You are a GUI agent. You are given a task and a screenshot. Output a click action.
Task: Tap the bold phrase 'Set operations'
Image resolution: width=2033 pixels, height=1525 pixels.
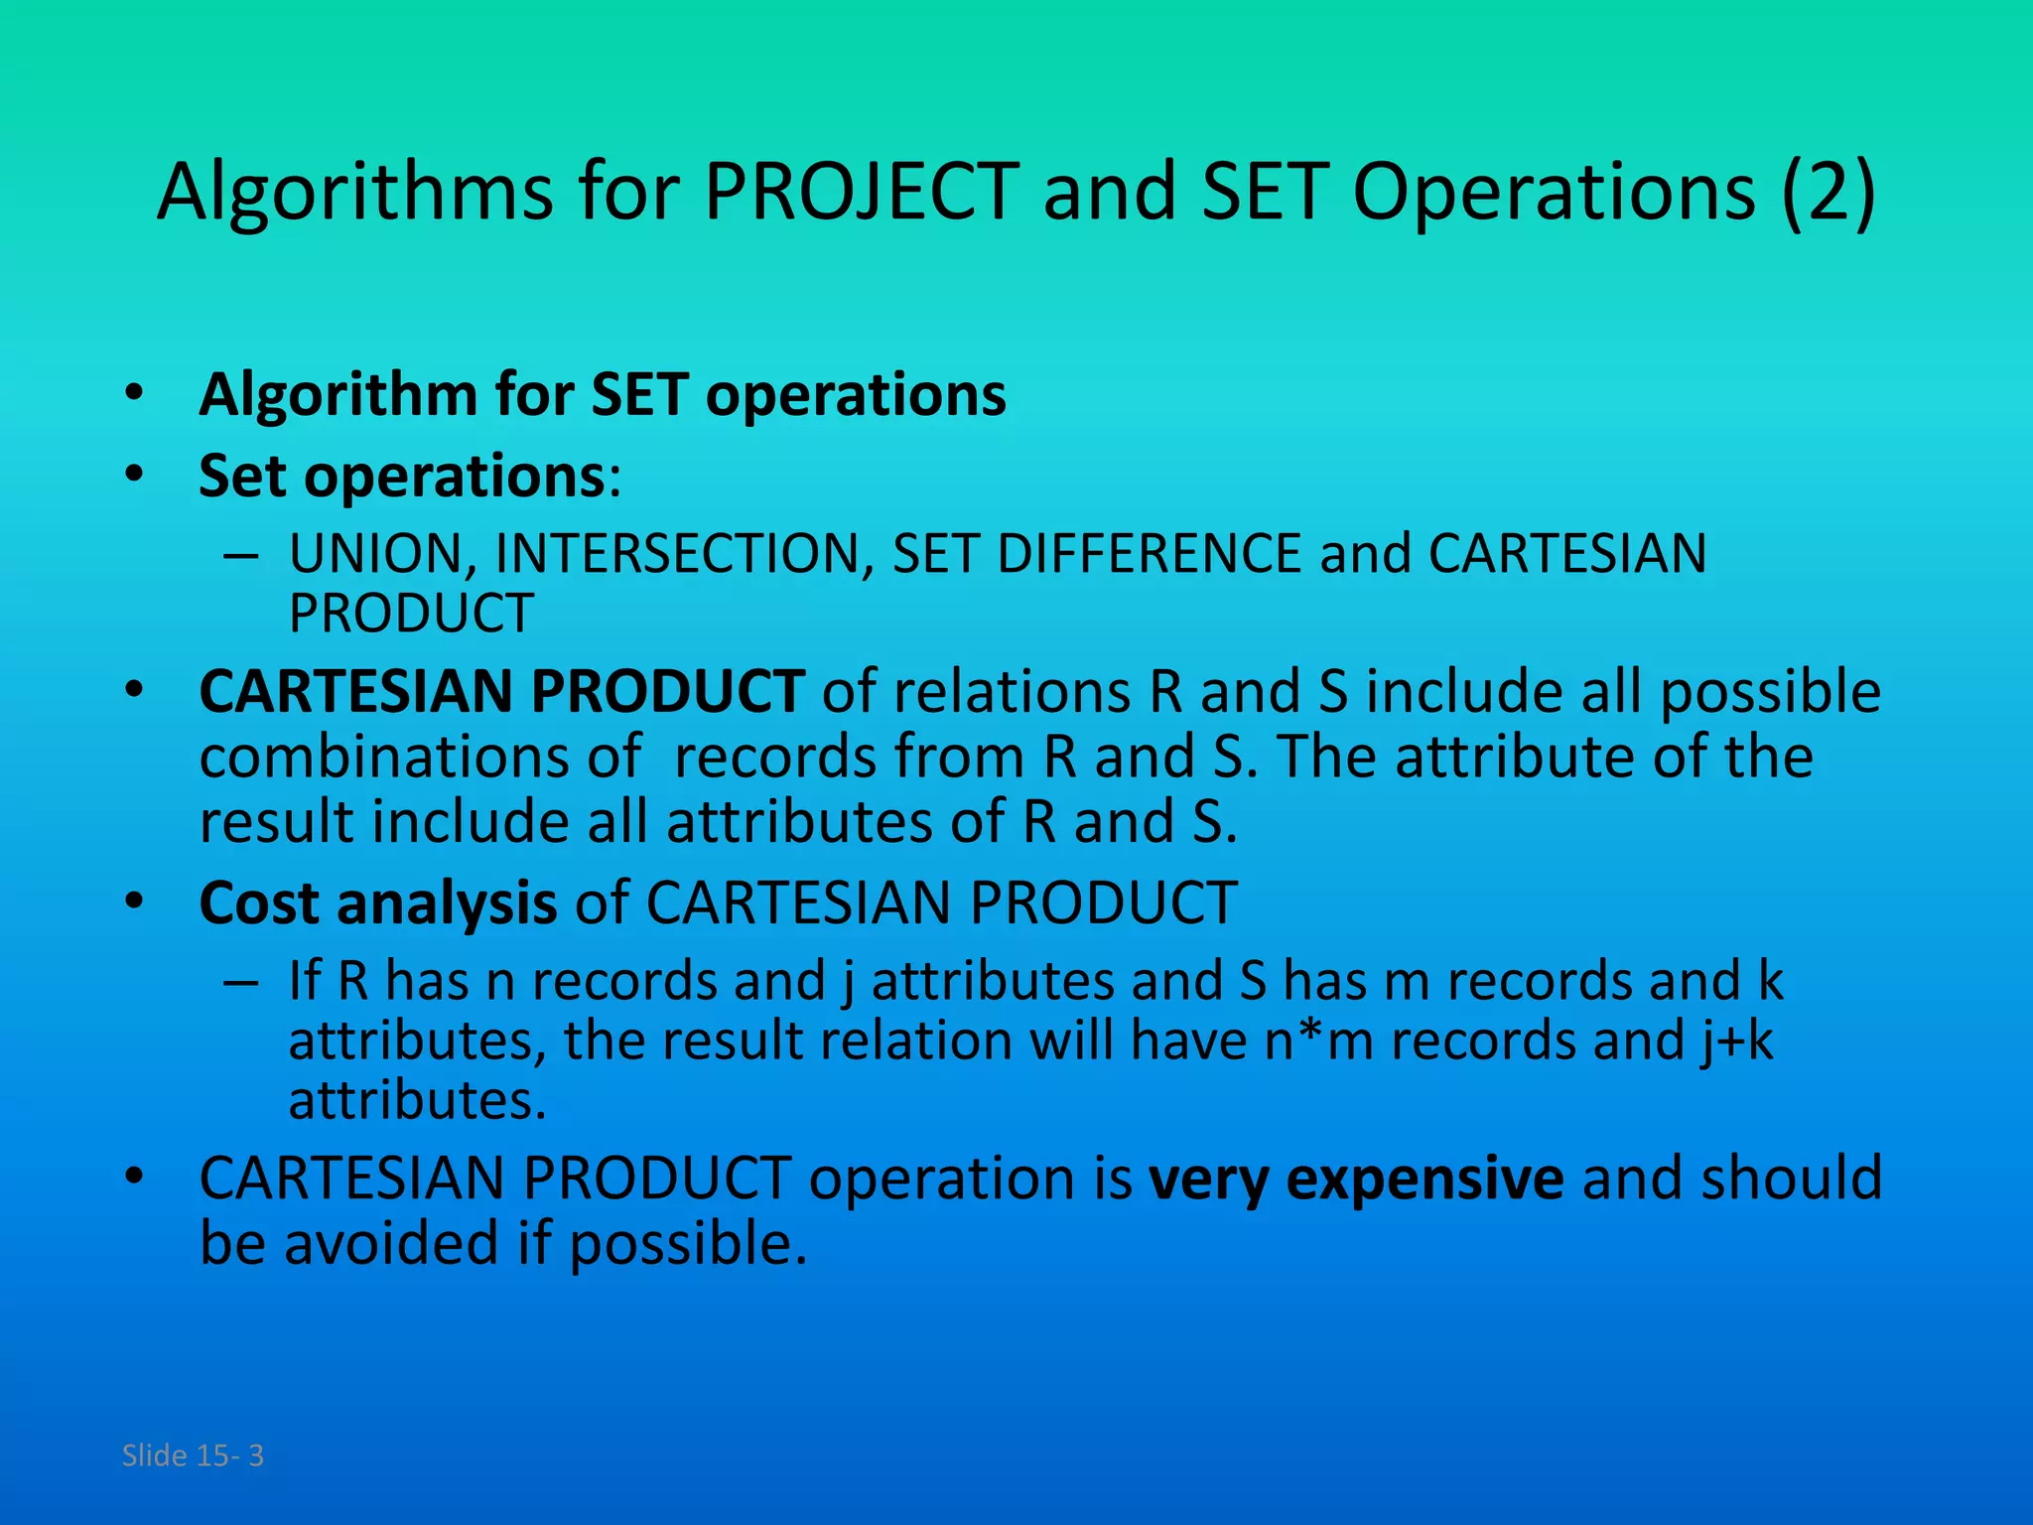point(402,477)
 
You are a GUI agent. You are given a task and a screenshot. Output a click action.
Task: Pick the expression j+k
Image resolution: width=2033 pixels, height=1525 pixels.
point(1735,1040)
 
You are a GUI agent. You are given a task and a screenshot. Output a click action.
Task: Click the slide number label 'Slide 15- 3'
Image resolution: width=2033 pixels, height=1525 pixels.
point(193,1456)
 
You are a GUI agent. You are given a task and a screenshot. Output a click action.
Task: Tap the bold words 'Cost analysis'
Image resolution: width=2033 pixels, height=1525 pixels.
point(378,903)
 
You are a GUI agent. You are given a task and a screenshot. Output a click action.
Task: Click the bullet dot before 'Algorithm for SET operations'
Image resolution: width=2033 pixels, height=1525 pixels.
point(135,393)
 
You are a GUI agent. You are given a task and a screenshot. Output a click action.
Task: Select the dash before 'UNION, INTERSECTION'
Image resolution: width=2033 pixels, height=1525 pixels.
point(241,555)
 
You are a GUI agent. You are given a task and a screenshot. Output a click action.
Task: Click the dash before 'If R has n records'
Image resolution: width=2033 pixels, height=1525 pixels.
point(241,982)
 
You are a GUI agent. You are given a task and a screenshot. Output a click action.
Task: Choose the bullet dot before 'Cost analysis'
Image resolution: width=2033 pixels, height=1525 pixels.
point(135,902)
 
